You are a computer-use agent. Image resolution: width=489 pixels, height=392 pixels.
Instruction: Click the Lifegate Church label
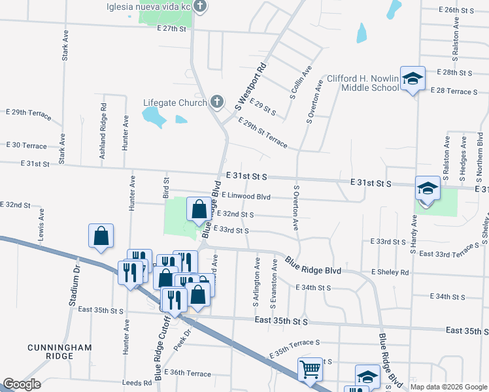point(175,103)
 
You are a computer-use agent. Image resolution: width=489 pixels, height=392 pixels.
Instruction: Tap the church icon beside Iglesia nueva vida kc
point(201,7)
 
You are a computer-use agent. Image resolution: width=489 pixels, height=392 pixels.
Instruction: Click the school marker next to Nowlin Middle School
point(413,79)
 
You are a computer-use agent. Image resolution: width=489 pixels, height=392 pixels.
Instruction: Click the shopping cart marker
point(310,368)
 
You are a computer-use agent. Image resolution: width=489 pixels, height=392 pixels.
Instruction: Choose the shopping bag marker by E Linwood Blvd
point(199,210)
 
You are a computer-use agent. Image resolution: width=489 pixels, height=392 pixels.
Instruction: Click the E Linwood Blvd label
point(246,196)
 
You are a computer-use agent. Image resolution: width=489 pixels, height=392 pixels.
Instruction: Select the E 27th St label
point(173,29)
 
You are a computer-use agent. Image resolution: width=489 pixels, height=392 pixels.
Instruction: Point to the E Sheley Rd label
point(390,272)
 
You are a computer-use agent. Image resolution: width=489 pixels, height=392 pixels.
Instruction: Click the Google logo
point(21,384)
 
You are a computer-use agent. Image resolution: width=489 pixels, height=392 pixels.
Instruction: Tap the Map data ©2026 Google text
point(448,387)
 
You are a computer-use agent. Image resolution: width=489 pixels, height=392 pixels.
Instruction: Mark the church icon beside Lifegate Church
point(217,102)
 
